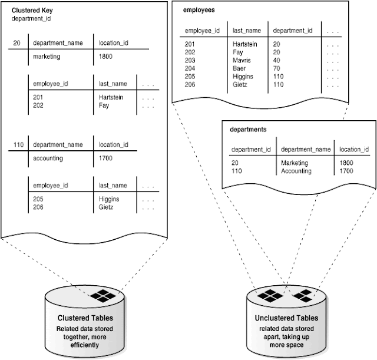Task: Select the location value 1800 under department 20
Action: coord(105,57)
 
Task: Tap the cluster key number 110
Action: coord(17,144)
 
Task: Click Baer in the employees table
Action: coord(240,68)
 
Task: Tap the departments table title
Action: coord(249,129)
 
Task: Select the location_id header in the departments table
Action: coord(353,149)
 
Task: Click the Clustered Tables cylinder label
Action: coord(85,319)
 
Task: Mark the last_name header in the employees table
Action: coord(247,30)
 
